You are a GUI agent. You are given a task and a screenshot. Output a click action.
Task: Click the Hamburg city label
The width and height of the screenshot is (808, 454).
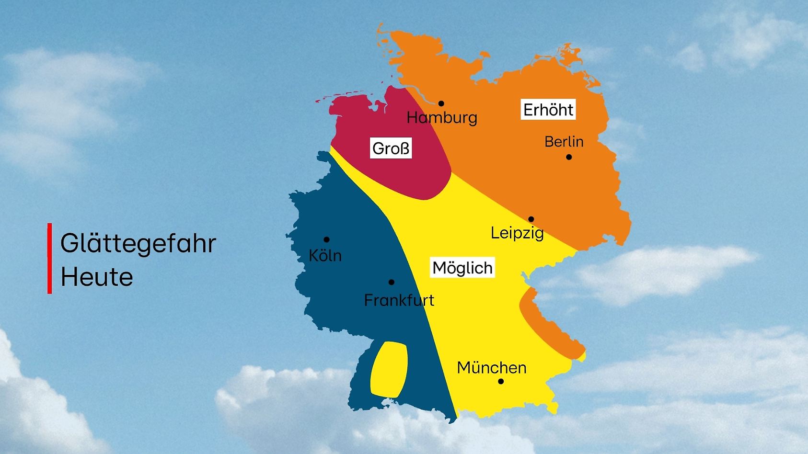click(442, 118)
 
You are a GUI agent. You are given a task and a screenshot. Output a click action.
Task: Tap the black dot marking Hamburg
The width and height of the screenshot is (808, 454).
click(441, 103)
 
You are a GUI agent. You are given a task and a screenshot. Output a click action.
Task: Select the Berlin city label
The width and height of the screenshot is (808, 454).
click(564, 142)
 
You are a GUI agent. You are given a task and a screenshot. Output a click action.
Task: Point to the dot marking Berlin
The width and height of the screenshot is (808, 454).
click(569, 157)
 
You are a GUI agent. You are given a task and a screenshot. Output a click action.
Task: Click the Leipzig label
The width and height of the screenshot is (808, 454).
click(517, 233)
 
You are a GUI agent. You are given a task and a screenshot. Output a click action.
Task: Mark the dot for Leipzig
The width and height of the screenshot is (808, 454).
click(531, 219)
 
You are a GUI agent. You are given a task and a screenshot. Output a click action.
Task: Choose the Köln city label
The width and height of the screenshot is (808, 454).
click(325, 256)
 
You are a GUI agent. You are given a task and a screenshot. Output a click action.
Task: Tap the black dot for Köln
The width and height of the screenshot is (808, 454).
click(326, 239)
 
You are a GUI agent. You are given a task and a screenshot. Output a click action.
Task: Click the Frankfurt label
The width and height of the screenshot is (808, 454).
click(399, 300)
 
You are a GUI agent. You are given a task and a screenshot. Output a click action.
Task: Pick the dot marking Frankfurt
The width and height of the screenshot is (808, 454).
click(391, 282)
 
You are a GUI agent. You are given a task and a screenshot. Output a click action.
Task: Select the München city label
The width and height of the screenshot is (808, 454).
click(492, 368)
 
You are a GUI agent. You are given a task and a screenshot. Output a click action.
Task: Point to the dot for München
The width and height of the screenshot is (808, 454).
click(501, 382)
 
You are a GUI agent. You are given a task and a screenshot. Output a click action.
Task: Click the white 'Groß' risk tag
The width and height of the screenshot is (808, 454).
click(391, 148)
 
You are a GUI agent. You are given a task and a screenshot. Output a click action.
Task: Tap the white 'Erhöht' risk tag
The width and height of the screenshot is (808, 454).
click(548, 110)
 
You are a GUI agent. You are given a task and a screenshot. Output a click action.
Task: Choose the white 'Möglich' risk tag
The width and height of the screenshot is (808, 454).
click(462, 268)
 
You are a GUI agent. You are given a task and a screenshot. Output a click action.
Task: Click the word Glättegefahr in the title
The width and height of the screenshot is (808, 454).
click(138, 243)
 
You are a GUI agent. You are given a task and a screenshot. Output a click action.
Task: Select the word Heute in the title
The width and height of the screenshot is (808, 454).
click(97, 277)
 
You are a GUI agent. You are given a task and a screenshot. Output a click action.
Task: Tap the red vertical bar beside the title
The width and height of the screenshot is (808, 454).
click(49, 258)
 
